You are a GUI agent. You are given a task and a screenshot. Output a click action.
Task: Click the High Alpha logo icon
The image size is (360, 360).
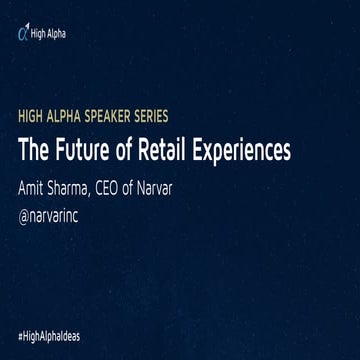(23, 34)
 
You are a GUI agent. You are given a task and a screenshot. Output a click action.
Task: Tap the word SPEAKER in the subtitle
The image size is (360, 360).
(116, 129)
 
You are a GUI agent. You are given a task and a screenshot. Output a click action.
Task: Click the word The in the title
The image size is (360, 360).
(33, 153)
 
